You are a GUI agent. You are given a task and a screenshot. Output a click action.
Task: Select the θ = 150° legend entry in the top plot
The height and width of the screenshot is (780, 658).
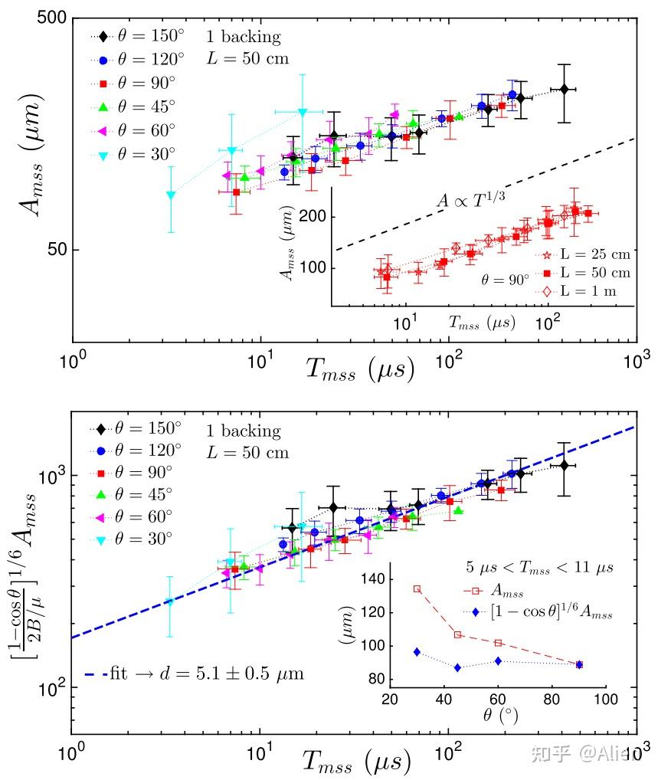click(144, 35)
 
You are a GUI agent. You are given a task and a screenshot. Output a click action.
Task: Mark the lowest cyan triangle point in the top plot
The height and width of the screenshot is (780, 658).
click(171, 195)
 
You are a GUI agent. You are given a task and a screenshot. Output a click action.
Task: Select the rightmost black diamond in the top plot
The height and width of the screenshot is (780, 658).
click(564, 90)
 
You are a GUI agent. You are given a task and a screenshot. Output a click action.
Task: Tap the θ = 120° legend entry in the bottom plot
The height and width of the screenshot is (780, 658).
click(143, 448)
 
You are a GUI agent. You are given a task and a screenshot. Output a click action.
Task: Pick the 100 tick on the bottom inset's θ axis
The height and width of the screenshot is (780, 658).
click(605, 700)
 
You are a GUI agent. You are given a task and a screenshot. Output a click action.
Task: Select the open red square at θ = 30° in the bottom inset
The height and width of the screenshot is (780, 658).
click(417, 588)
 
